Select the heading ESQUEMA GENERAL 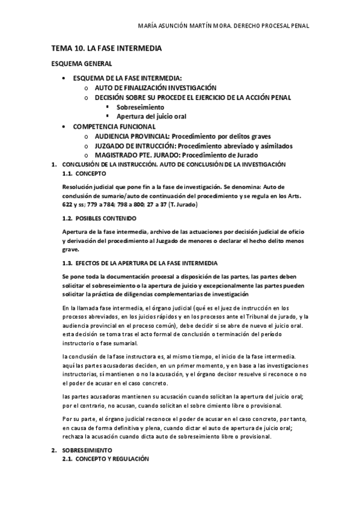click(81, 63)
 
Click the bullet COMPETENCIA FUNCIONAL click(114, 126)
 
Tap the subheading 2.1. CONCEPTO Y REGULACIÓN click(109, 459)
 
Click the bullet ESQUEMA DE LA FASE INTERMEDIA click(127, 78)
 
